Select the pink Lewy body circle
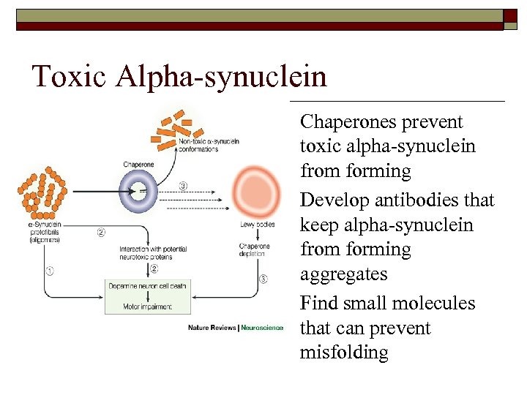click(x=255, y=191)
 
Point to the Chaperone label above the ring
click(x=138, y=165)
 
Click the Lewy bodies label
click(x=258, y=224)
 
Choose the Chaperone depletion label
click(x=254, y=251)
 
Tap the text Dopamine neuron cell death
click(x=149, y=285)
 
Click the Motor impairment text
click(x=149, y=306)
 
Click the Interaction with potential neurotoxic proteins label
click(x=154, y=253)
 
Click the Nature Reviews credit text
click(x=212, y=327)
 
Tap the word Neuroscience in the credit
click(x=262, y=327)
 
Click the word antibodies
click(x=410, y=200)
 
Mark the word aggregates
click(x=343, y=274)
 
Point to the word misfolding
click(x=344, y=353)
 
